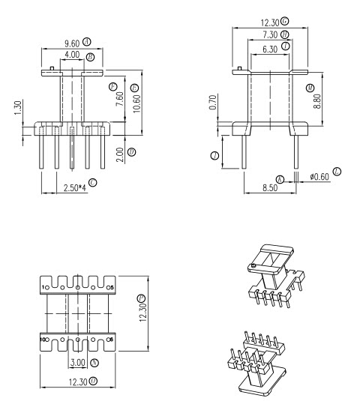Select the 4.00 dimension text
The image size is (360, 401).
[x=72, y=56]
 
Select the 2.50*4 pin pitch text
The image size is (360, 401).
[x=73, y=183]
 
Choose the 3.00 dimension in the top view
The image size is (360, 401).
[x=78, y=363]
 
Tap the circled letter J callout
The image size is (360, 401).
[x=215, y=156]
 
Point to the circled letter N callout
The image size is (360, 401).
[x=94, y=363]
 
